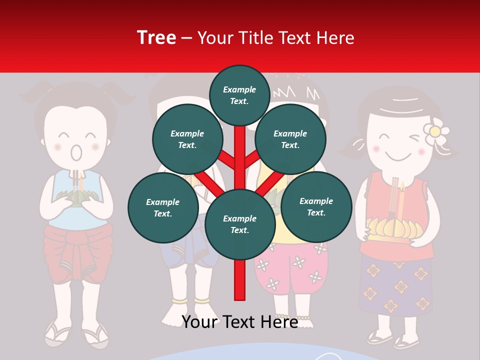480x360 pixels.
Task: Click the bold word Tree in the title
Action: [156, 37]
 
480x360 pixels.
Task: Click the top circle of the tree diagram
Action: [239, 95]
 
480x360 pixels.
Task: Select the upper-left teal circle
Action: [187, 139]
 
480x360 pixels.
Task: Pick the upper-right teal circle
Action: [290, 139]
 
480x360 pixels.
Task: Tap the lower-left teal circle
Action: [162, 207]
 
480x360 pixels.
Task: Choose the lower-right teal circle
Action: [316, 206]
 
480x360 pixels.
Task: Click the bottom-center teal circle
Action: [239, 224]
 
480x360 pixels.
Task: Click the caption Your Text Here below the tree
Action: [239, 322]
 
